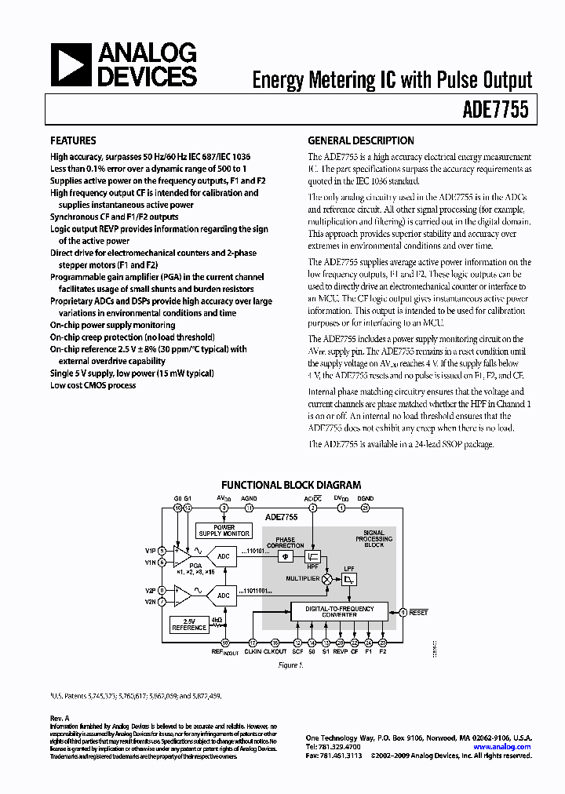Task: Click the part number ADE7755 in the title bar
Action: click(499, 111)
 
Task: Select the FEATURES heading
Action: click(74, 141)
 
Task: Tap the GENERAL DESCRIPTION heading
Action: click(360, 141)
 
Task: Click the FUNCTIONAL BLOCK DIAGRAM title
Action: click(291, 486)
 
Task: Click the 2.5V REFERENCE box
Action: click(189, 625)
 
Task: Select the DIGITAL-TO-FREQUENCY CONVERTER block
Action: click(339, 611)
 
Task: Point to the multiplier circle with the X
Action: click(327, 577)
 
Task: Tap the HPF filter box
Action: click(312, 555)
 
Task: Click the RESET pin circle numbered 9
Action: click(403, 612)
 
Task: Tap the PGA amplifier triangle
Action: click(181, 557)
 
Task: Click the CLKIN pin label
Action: click(253, 651)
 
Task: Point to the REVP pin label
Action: click(340, 651)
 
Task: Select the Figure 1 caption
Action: click(291, 666)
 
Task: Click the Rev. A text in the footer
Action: click(60, 718)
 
